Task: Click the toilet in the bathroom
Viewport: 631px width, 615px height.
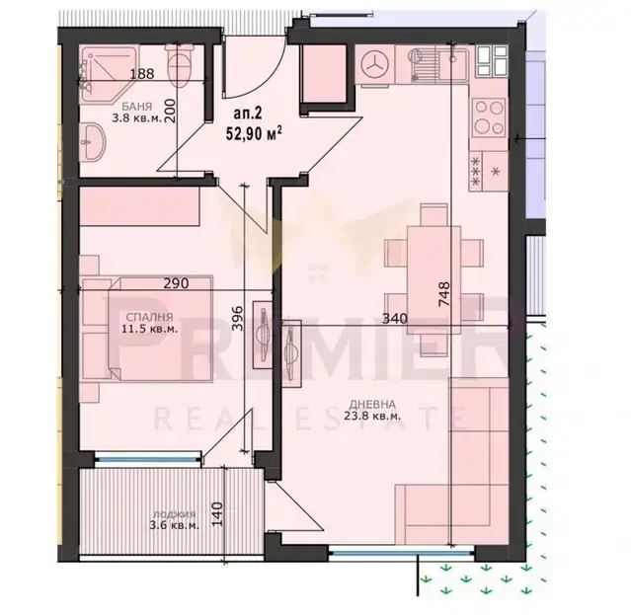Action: click(179, 65)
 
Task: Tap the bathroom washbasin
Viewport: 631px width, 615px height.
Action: click(92, 141)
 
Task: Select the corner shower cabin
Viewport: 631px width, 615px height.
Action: click(109, 74)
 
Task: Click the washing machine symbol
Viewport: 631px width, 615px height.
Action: click(374, 64)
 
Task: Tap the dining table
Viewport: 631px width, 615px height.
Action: click(434, 280)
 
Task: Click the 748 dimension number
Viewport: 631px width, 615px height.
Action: click(444, 294)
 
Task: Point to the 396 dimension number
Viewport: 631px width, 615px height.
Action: click(238, 319)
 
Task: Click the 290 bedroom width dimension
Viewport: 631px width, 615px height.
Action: click(176, 283)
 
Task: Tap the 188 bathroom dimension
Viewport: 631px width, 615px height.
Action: click(142, 74)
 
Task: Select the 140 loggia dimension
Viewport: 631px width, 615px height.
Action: click(217, 514)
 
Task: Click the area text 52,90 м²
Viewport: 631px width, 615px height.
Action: click(254, 133)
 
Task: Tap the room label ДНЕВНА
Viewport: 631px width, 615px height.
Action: click(372, 404)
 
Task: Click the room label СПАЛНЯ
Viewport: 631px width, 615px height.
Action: click(149, 317)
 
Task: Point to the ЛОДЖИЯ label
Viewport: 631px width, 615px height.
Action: click(174, 514)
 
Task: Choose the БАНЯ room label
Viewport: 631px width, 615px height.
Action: click(137, 107)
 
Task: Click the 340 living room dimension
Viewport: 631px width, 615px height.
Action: click(394, 319)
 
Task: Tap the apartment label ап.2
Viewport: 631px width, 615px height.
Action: click(248, 113)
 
